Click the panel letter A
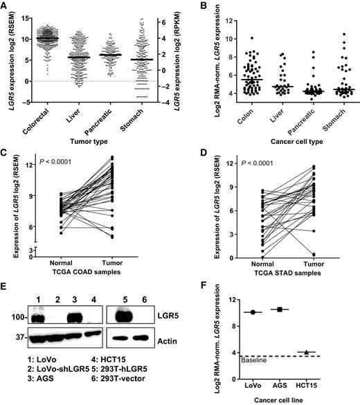click(x=7, y=6)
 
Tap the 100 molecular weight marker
click(x=12, y=318)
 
